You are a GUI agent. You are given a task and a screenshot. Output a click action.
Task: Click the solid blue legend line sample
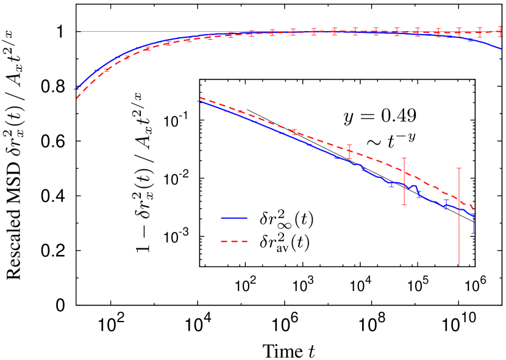pos(234,218)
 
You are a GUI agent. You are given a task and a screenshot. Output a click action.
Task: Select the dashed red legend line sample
pos(234,242)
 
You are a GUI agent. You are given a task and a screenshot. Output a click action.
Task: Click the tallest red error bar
pos(459,217)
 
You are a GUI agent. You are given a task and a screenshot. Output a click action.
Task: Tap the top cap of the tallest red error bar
pos(459,168)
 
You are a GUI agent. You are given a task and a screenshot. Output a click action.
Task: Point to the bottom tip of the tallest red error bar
pos(459,266)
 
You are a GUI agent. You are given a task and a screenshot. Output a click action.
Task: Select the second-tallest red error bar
pos(404,181)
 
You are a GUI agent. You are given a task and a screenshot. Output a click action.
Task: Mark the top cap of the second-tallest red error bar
pos(404,158)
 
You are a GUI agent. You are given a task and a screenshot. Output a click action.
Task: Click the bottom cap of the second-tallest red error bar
pos(404,204)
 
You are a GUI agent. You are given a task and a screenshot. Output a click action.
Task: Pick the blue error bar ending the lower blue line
pos(474,223)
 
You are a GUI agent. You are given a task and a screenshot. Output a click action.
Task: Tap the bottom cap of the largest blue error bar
pos(474,233)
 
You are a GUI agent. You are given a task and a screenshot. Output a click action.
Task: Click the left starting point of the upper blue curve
pos(76,89)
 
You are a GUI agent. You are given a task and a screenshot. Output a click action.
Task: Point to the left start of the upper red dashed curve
pos(77,98)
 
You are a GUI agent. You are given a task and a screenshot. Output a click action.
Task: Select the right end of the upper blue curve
pos(501,48)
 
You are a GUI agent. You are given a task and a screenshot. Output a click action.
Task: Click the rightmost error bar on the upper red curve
pos(501,31)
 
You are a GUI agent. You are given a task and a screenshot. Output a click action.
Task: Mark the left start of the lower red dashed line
pos(201,98)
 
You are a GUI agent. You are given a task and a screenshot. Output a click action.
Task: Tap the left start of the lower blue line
pos(199,101)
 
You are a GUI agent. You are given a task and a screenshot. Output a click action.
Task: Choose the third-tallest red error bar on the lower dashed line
pos(349,151)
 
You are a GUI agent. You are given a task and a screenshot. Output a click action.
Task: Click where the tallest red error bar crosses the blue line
pos(459,207)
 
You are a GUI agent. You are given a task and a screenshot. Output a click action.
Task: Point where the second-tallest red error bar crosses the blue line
pos(404,184)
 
